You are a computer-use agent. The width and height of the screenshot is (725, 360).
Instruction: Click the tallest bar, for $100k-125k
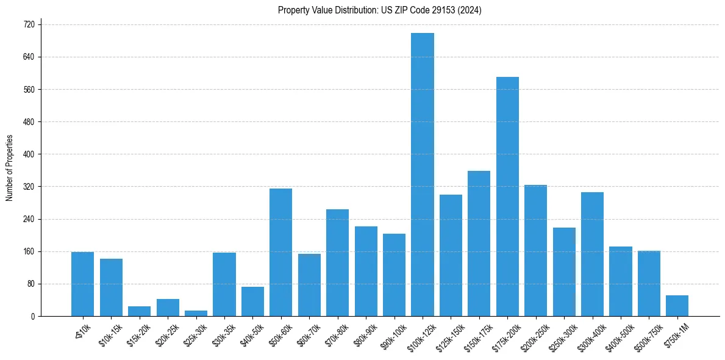tap(423, 175)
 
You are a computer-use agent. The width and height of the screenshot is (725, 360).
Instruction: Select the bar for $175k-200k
tap(507, 196)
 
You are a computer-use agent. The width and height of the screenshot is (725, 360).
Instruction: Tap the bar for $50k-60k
tap(280, 252)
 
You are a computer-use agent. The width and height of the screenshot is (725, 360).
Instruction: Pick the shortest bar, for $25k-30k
tap(196, 313)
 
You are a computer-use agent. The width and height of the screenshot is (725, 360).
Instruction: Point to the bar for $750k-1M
tap(677, 306)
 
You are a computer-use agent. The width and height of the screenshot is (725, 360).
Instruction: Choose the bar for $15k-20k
tap(139, 311)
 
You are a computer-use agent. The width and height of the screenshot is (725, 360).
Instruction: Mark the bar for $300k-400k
tap(592, 254)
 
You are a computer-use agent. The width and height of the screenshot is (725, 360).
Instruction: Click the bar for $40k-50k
tap(252, 301)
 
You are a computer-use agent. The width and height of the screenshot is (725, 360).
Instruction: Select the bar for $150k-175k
tap(479, 243)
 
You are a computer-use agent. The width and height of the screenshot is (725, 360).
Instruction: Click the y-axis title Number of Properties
tap(9, 168)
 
